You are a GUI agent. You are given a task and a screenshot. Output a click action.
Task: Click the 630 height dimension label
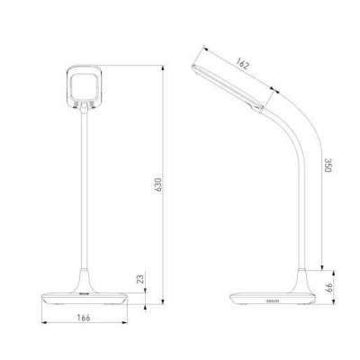(x=158, y=184)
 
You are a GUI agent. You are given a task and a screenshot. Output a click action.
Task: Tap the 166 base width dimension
(x=84, y=318)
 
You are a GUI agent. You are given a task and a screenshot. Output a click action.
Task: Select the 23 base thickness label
(x=140, y=279)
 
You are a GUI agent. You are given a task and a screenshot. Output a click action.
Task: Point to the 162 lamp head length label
(x=242, y=63)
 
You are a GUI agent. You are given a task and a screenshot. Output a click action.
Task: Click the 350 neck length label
(x=328, y=166)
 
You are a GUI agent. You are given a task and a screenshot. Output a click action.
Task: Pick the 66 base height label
(x=329, y=288)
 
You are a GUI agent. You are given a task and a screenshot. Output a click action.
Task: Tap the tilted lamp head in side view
(x=228, y=87)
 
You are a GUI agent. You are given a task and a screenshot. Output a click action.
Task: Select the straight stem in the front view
(x=85, y=192)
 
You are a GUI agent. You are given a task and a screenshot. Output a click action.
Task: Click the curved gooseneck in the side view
(x=297, y=168)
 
